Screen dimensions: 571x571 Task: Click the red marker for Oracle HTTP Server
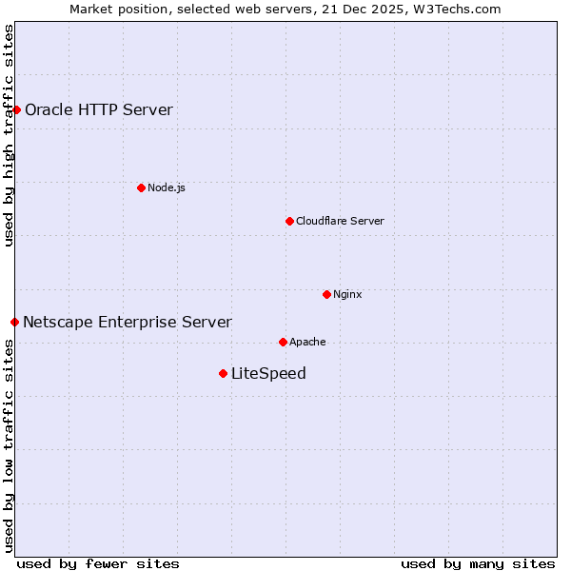(x=16, y=109)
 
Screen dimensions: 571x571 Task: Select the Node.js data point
(x=141, y=187)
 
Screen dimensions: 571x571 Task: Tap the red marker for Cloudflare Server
(x=289, y=221)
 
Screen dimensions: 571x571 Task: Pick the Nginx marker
(x=326, y=294)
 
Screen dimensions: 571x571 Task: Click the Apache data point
(x=283, y=342)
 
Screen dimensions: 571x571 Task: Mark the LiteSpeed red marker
(x=223, y=373)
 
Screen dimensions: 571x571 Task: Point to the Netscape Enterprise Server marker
(x=14, y=322)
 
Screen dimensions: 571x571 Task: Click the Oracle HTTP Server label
(x=99, y=109)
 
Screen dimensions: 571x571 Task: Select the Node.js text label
(x=167, y=187)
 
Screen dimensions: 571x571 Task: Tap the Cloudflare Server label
(x=340, y=221)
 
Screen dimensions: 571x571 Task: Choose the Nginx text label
(x=347, y=294)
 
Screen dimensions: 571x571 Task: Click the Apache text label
(x=307, y=342)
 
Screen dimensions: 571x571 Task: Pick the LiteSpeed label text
(x=268, y=373)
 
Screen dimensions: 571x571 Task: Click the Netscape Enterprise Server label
(x=128, y=322)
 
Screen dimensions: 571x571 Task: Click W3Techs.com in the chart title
(x=454, y=9)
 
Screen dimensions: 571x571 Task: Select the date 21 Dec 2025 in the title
(x=358, y=9)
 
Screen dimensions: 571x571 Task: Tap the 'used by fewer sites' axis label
(x=98, y=563)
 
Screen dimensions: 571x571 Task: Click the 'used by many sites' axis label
(x=478, y=563)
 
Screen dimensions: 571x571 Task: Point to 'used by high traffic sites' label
(x=9, y=135)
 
